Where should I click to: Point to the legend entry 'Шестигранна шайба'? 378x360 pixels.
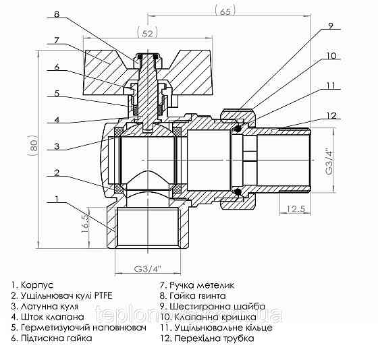[x=213, y=305]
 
